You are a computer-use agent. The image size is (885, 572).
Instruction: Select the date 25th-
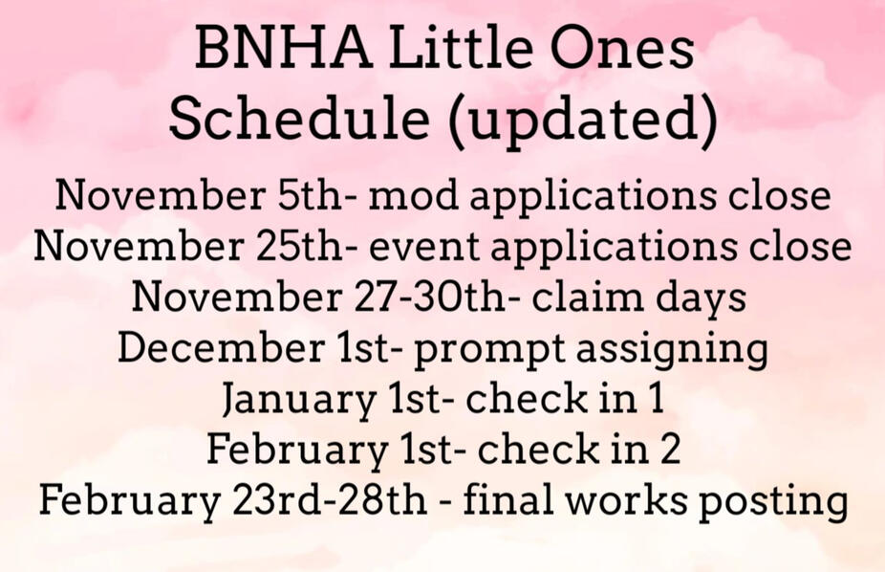[x=299, y=246]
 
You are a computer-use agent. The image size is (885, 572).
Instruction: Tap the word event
[x=424, y=247]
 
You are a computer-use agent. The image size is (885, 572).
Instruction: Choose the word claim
[x=588, y=296]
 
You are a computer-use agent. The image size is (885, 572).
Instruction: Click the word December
[x=222, y=347]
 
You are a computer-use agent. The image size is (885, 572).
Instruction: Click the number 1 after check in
[x=656, y=398]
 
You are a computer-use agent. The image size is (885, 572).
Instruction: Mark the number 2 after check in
[x=670, y=449]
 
